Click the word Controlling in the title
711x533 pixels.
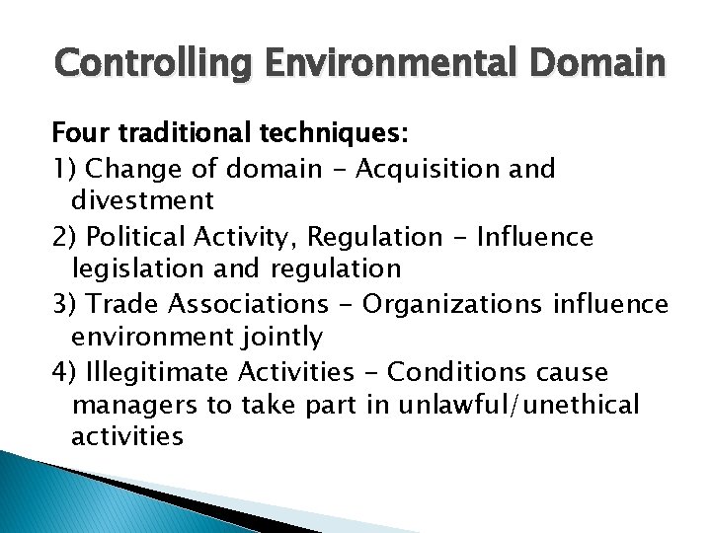click(x=144, y=66)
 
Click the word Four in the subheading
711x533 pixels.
click(x=82, y=133)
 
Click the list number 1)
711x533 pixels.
click(x=65, y=168)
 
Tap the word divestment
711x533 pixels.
click(x=143, y=201)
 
